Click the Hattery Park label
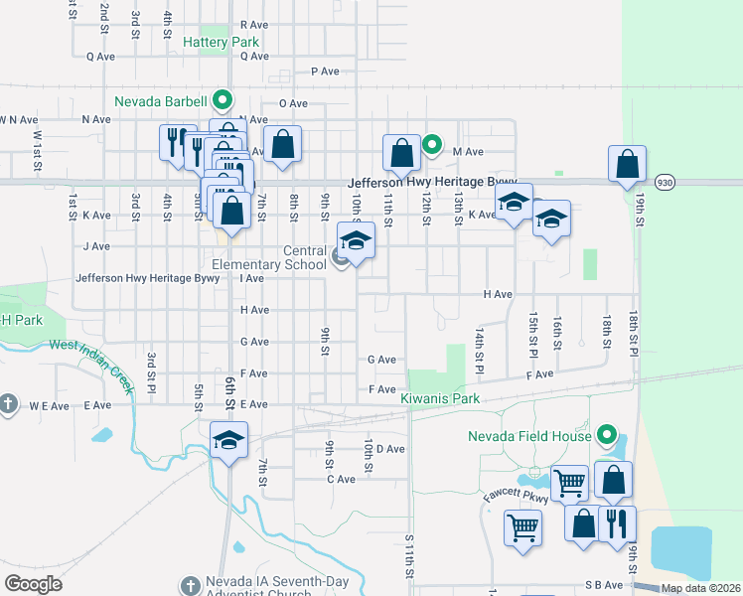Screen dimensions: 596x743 222,43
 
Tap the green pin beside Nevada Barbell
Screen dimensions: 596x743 223,100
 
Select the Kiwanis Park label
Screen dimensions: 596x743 440,399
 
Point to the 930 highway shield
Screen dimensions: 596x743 666,183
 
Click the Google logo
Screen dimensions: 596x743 33,584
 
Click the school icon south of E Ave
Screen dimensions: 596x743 228,440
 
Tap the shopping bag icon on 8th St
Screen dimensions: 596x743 283,144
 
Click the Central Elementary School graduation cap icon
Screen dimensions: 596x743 357,240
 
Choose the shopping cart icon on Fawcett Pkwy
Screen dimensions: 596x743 569,483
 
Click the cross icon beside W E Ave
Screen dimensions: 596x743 8,404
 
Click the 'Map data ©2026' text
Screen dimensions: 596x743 700,588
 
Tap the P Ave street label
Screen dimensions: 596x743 325,72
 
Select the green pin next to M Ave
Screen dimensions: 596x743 432,145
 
